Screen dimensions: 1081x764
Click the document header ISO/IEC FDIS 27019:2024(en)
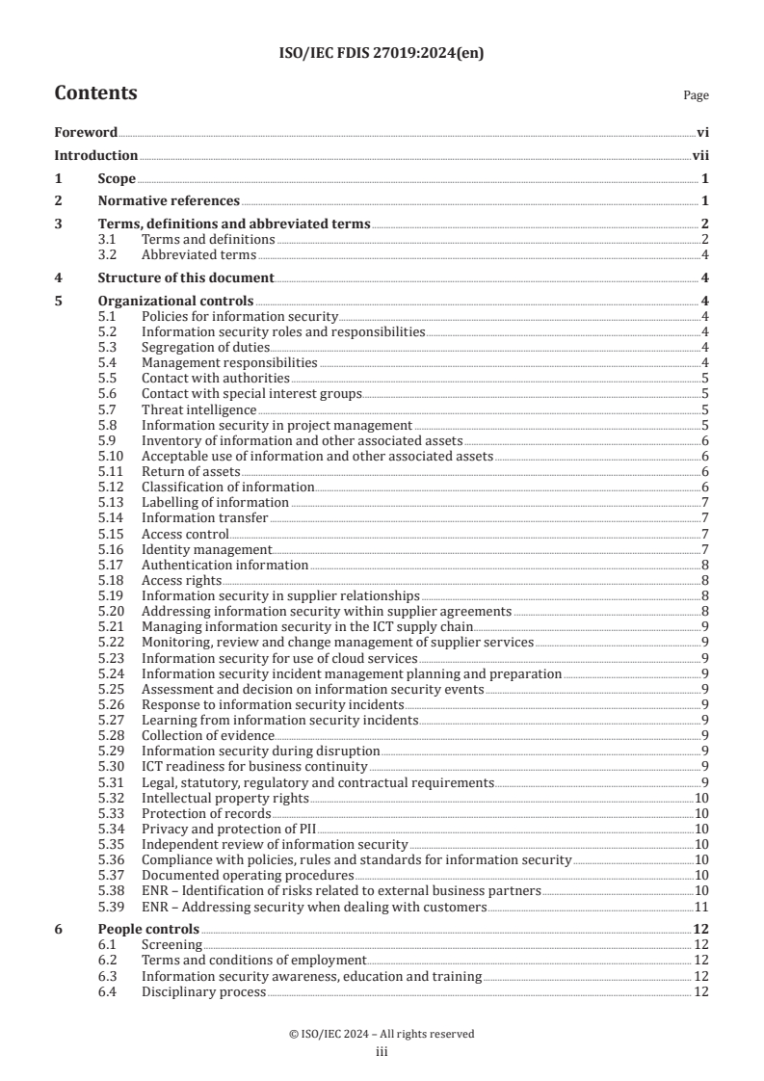click(382, 54)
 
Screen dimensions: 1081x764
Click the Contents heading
click(95, 93)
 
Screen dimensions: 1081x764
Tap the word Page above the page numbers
click(696, 96)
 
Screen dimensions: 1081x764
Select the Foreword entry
click(86, 132)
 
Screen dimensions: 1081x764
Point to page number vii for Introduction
click(701, 155)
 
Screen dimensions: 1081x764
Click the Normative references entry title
click(169, 201)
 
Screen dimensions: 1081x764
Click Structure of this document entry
click(186, 278)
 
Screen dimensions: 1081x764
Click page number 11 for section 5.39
click(702, 907)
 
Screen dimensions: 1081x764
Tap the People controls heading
click(148, 930)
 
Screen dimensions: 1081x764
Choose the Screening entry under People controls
click(171, 945)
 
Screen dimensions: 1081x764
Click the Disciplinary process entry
click(203, 992)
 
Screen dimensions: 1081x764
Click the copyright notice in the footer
click(382, 1034)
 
